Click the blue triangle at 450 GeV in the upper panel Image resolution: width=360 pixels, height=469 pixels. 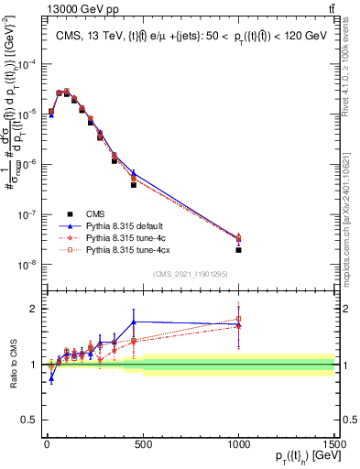click(134, 172)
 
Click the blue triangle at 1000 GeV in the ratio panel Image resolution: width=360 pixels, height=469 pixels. click(238, 325)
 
